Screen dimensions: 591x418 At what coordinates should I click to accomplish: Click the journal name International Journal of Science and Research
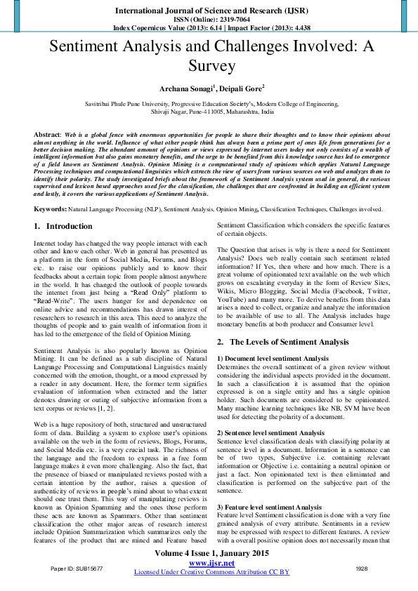point(209,11)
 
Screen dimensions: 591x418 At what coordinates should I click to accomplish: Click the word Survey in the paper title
point(209,66)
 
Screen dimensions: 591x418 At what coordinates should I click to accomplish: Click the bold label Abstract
point(47,133)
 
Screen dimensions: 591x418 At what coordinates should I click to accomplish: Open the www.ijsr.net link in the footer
point(211,563)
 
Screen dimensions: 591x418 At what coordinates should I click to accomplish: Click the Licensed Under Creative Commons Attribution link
point(211,572)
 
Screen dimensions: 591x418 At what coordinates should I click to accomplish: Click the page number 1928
point(362,568)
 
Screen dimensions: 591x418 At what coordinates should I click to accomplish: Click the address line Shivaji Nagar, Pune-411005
point(209,110)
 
